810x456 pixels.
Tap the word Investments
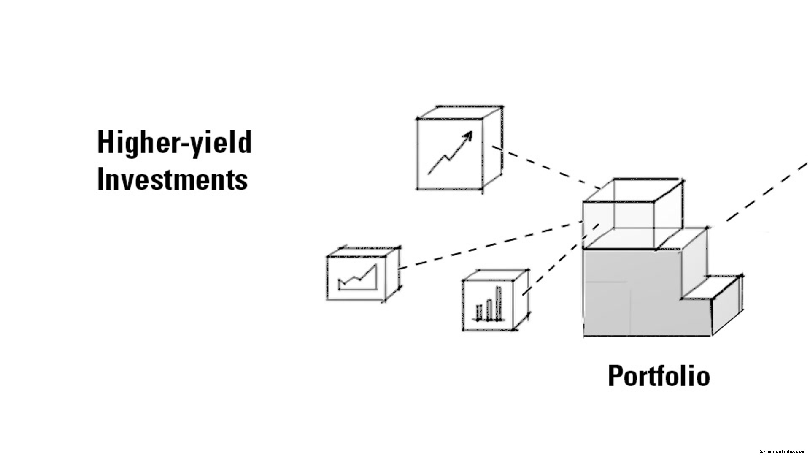click(x=172, y=179)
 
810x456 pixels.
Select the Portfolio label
click(x=659, y=376)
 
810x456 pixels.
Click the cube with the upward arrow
click(x=450, y=154)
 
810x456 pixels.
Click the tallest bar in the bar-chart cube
click(x=499, y=303)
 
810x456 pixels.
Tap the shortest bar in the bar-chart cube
click(x=479, y=312)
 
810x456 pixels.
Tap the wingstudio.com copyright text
click(x=783, y=451)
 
